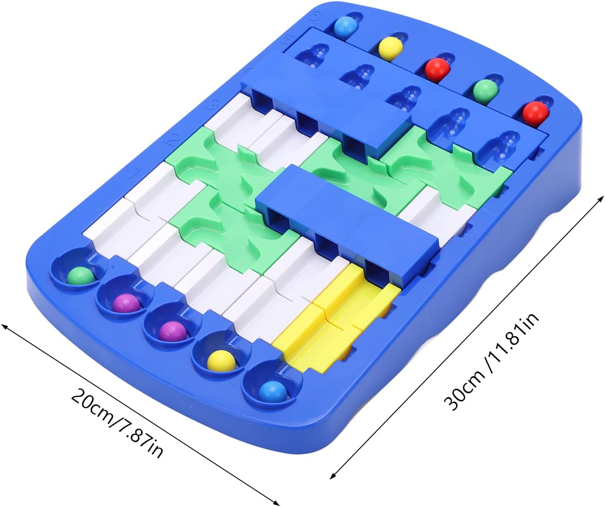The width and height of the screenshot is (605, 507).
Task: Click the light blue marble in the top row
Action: [x=345, y=26]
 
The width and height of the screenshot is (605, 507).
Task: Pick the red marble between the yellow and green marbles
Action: [x=438, y=69]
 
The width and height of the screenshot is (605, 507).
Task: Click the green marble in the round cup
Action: [x=80, y=276]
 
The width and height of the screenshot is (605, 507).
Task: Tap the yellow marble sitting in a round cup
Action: [x=221, y=361]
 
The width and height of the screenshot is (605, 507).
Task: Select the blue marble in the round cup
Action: [x=273, y=392]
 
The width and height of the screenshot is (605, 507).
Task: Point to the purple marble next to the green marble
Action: [x=126, y=303]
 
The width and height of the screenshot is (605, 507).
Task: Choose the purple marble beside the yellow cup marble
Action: [x=173, y=331]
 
